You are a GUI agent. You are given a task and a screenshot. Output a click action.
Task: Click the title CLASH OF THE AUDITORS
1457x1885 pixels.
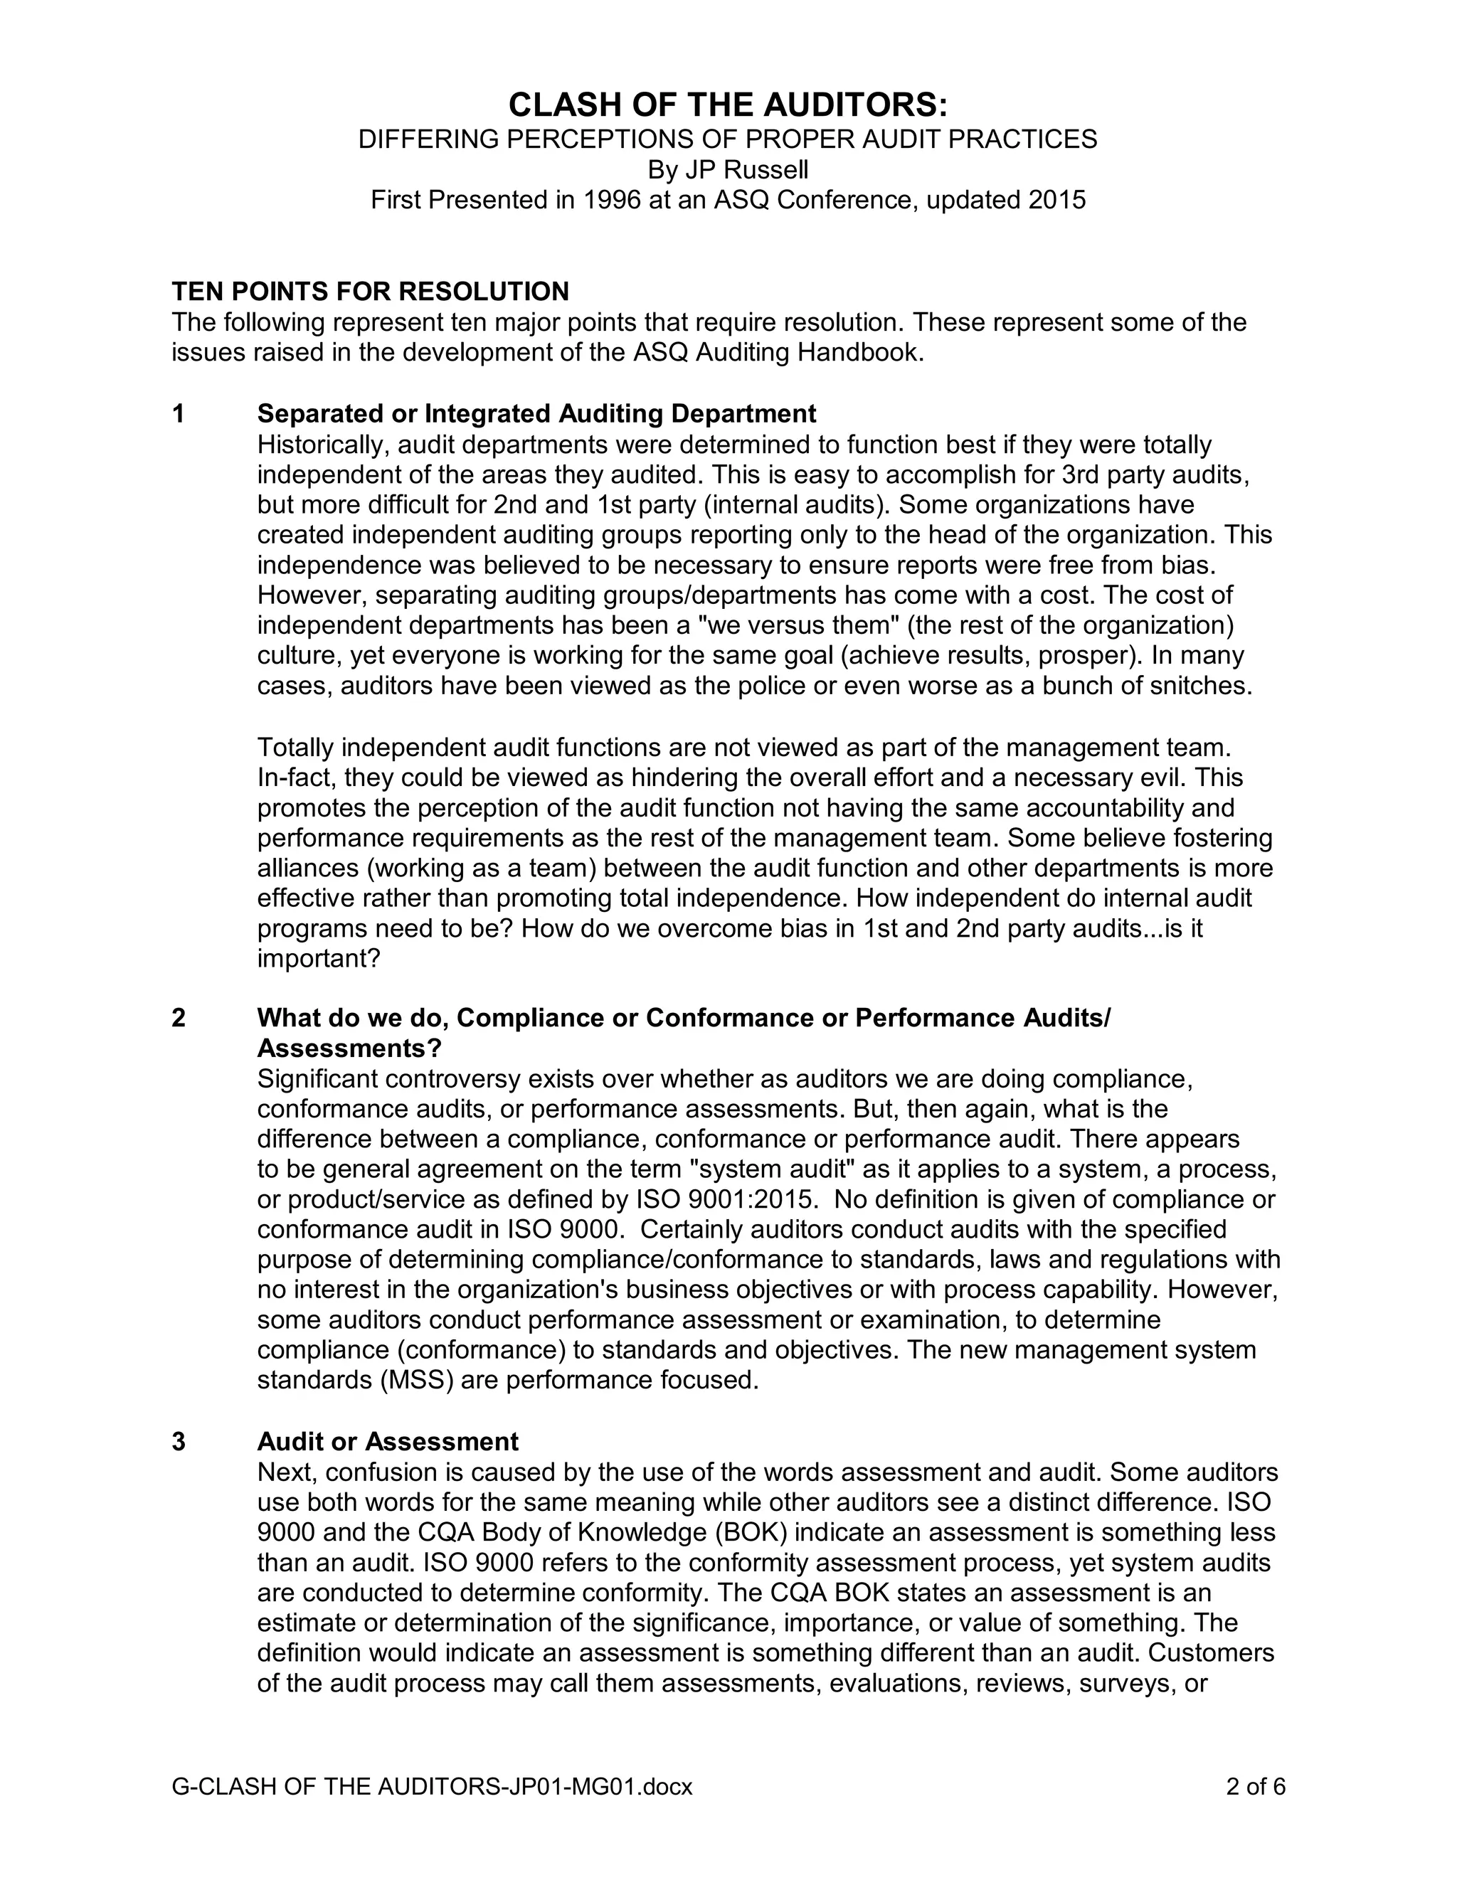pos(728,105)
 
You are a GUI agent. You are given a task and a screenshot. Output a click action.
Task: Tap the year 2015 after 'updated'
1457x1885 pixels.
pos(1057,201)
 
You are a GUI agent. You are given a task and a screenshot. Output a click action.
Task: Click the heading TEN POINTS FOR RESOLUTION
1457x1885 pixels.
pos(370,291)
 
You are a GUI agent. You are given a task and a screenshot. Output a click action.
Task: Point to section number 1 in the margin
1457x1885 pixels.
pos(179,414)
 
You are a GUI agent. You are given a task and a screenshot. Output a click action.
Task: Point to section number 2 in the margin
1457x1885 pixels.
pos(179,1019)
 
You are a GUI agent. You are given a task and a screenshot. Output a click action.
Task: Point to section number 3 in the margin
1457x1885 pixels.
pos(179,1441)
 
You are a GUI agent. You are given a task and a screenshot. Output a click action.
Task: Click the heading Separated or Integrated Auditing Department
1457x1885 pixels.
pos(536,414)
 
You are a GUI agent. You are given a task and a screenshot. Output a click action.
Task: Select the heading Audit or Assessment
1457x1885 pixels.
pos(388,1441)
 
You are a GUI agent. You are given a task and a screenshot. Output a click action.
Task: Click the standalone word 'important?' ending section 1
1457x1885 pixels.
pos(319,959)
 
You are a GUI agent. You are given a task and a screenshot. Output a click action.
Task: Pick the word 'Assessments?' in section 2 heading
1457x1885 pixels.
pos(349,1048)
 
